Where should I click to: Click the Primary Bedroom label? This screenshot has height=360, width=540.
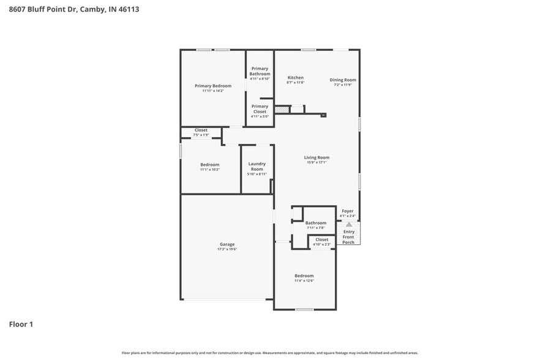tap(213, 86)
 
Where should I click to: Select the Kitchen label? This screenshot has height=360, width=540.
tap(296, 78)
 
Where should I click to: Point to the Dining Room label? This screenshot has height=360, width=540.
tap(343, 80)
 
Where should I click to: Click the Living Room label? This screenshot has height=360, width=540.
tap(317, 157)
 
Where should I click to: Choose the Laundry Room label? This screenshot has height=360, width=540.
tap(257, 166)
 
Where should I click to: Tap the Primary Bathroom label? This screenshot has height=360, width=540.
tap(260, 71)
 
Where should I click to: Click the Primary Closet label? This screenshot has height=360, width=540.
tap(260, 109)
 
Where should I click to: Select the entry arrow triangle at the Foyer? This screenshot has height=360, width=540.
tap(349, 224)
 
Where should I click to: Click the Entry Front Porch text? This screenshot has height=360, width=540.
tap(348, 237)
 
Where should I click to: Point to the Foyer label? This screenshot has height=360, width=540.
tap(348, 211)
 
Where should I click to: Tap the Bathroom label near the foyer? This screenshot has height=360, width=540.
tap(316, 223)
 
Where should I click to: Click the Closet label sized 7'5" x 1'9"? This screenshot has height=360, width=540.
tap(201, 130)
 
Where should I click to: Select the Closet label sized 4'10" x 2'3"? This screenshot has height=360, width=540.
tap(321, 239)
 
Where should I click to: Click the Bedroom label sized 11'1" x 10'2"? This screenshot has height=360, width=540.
tap(209, 165)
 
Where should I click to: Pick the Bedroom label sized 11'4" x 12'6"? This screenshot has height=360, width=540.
tap(304, 276)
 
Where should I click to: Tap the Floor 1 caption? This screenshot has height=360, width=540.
tap(21, 324)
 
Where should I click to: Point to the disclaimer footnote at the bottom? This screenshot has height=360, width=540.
tap(270, 353)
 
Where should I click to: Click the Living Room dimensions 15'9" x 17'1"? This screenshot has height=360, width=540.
tap(317, 162)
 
